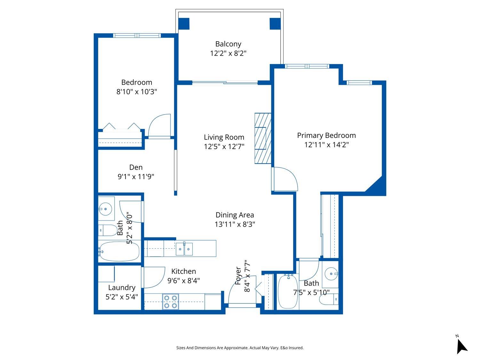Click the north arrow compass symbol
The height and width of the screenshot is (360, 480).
[x=461, y=346]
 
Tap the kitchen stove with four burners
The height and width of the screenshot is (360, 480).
[x=170, y=302]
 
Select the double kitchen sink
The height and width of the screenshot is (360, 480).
[x=184, y=249]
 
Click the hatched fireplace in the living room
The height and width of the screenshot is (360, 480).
[x=262, y=138]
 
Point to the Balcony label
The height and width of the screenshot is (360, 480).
[x=228, y=44]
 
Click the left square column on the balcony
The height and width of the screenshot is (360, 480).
[x=184, y=24]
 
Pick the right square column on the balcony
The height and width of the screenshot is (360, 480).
[x=275, y=24]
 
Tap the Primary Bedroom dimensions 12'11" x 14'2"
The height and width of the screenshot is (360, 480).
[x=326, y=145]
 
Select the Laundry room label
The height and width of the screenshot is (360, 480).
[x=122, y=287]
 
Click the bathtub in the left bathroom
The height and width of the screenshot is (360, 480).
[x=119, y=252]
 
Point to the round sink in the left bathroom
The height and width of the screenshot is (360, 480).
[x=105, y=209]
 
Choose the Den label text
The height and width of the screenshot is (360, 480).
[x=136, y=167]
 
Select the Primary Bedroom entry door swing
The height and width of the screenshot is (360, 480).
[x=285, y=179]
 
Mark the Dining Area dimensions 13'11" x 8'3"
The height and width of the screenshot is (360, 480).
[x=235, y=224]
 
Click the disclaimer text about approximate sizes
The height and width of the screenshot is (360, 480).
[x=240, y=348]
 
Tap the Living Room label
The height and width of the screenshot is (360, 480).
[x=224, y=137]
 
